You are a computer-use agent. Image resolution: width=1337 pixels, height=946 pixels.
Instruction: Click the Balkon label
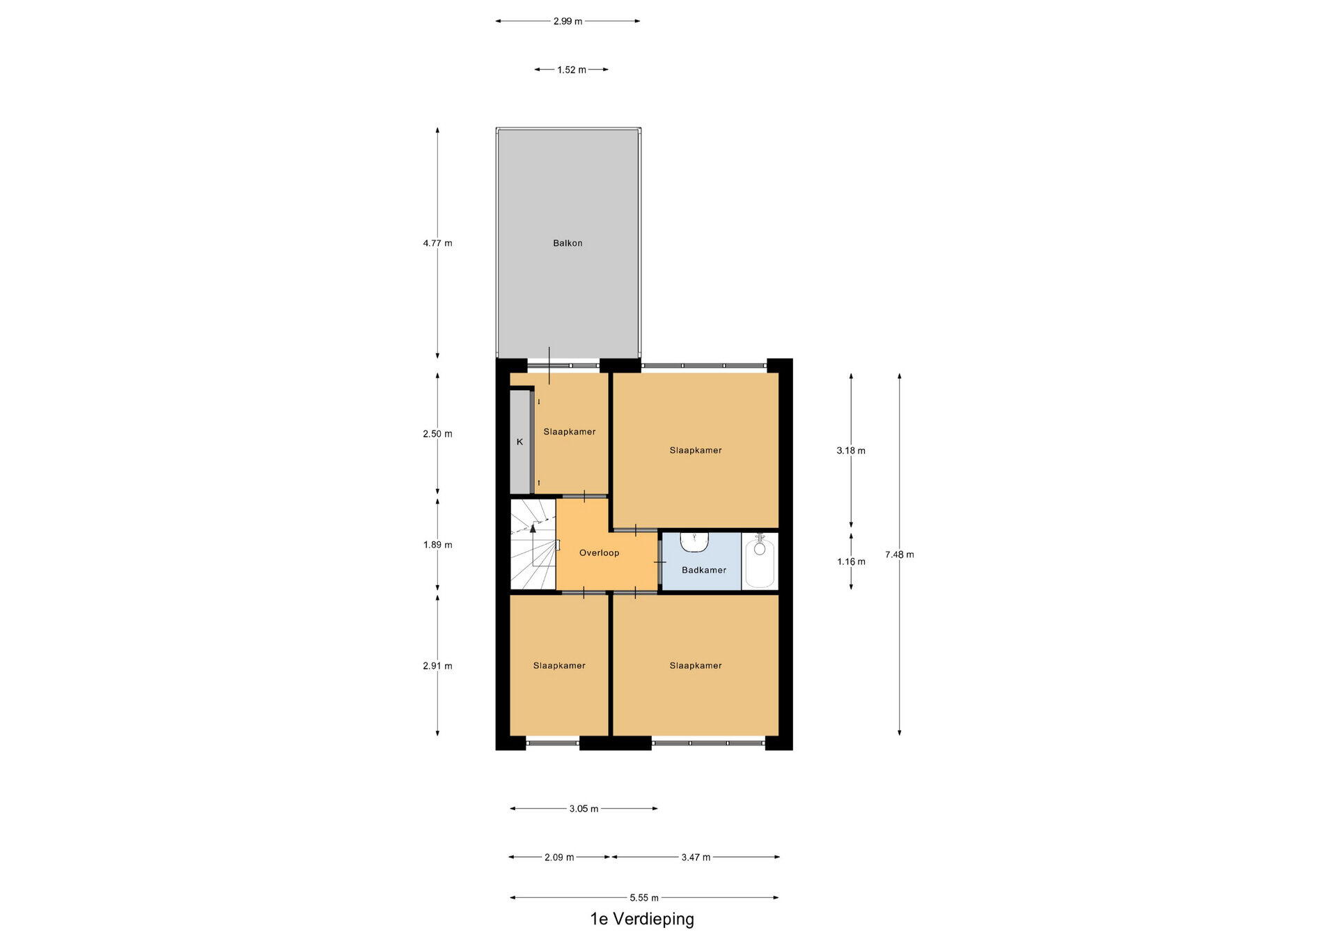coord(568,243)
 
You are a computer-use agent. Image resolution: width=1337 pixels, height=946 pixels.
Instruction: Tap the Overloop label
coord(599,553)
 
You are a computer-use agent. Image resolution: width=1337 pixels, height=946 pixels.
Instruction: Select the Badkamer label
coord(704,570)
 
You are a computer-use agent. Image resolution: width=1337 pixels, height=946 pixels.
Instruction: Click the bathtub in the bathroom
coord(760,561)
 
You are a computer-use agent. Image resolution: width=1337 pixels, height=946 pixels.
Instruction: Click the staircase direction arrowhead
coord(533,528)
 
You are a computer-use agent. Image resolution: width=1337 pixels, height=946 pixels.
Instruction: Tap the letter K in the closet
coord(519,442)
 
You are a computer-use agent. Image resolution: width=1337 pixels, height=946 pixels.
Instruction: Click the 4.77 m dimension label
coord(437,243)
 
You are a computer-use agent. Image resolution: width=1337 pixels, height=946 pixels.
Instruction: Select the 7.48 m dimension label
coord(900,555)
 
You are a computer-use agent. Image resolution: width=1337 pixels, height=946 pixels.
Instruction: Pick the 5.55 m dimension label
coord(644,898)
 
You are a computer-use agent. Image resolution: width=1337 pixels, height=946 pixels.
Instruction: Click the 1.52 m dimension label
coord(572,70)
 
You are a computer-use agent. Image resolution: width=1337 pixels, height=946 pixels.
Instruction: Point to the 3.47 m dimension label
coord(696,858)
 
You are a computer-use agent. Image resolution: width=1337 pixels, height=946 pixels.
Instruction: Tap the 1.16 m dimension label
coord(852,561)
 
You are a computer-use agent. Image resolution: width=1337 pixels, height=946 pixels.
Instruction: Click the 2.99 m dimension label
coord(568,22)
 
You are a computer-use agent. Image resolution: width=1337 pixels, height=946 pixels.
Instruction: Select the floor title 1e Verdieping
coord(642,920)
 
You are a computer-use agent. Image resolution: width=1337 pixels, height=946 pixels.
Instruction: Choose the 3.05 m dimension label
coord(584,809)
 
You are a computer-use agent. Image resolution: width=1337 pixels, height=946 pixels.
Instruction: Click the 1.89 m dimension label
coord(437,545)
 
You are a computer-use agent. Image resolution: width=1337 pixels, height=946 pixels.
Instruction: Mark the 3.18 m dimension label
coord(851,451)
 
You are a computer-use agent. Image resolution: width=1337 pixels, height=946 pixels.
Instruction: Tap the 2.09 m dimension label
coord(559,858)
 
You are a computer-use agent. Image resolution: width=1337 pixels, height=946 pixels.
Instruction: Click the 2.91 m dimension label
coord(437,666)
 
